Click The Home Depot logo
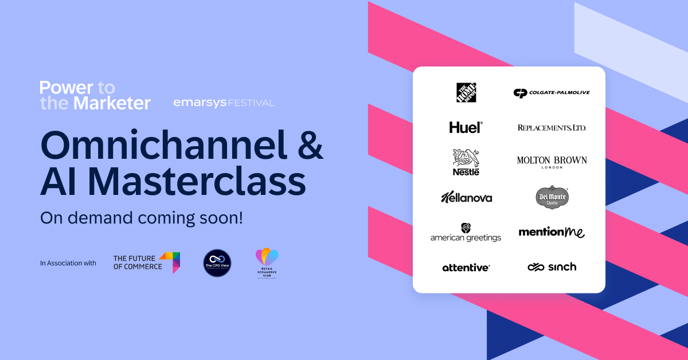466,92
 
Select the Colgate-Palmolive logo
551,93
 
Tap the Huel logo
466,127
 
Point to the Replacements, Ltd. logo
552,127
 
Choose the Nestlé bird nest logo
466,162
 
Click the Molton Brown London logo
552,162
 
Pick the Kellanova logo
466,198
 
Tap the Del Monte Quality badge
552,198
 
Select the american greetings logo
466,232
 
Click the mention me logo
552,232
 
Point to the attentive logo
466,267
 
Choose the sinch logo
552,267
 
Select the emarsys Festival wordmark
224,103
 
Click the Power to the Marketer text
95,95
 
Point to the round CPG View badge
217,263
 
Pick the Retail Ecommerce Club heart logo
267,263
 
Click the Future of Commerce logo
147,263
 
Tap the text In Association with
68,263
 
